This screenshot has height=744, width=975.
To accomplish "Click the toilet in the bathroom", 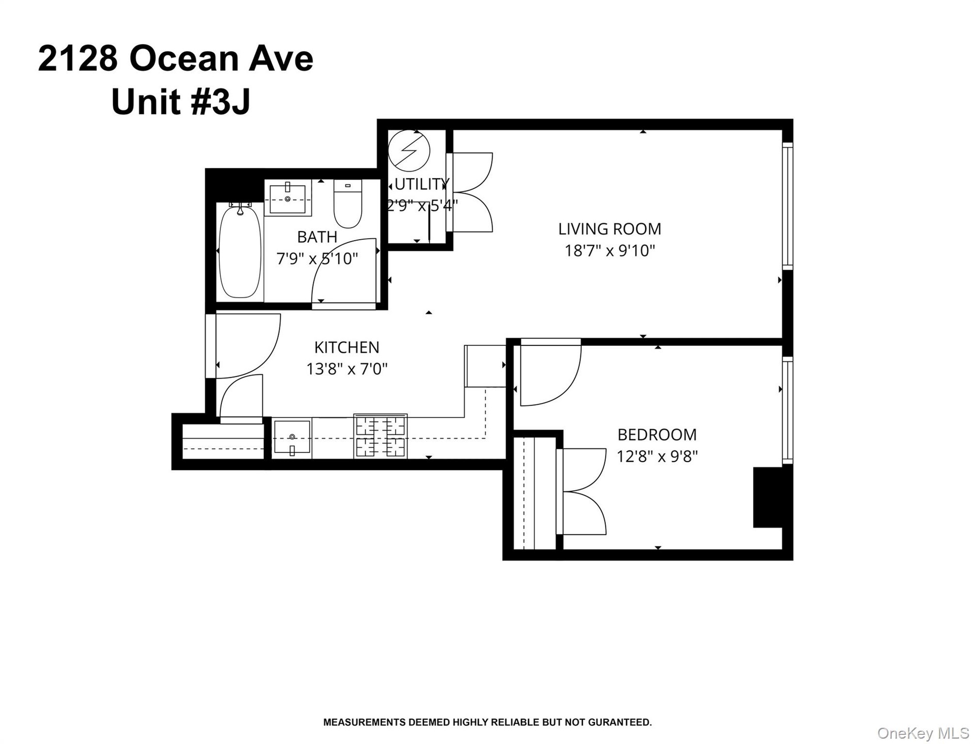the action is pos(347,204).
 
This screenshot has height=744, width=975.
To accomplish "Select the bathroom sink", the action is pos(287,198).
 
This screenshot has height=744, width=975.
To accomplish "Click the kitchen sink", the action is pos(292,437).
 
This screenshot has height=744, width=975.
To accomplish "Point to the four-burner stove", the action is pos(380,436).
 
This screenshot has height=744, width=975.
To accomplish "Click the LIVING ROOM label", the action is pos(609,229).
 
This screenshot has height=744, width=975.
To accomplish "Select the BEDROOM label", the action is pos(657,435).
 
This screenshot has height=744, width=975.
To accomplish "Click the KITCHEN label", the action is pos(347,347).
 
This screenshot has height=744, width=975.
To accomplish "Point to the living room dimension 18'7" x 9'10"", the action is pos(610,251).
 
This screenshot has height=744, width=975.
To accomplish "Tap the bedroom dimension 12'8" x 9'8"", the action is pos(657,457).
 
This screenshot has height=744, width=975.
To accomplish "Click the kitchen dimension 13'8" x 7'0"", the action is pos(347,369).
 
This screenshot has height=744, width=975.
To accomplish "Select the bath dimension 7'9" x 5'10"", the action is pos(317,259).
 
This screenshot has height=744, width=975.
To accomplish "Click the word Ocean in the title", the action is pos(184,59).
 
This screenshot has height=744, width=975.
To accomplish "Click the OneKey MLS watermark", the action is pos(923,733).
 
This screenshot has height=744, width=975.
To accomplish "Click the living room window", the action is pos(788,206).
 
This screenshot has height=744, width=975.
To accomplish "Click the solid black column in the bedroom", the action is pos(772,497).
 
